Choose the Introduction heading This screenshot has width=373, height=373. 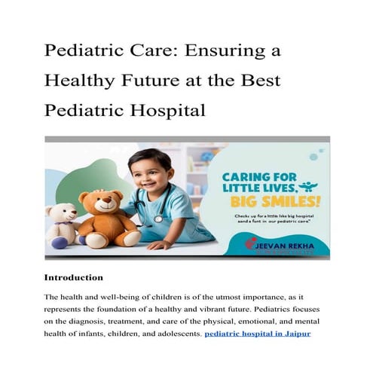[x=74, y=278]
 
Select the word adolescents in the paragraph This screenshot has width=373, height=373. [x=174, y=332]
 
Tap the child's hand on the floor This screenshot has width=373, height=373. [x=160, y=245]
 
